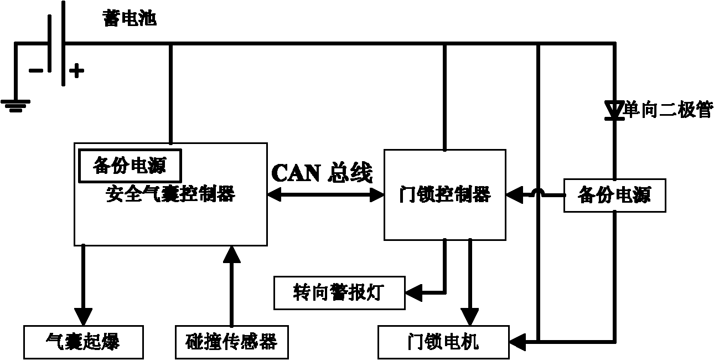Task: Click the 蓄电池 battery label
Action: (x=130, y=19)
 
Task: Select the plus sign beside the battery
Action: (x=76, y=70)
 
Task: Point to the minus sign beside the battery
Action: (x=35, y=70)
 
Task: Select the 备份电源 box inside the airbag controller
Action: (x=130, y=166)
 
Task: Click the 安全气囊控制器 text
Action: (x=170, y=194)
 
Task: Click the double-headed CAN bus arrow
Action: (x=325, y=194)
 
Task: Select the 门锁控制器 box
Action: (x=444, y=194)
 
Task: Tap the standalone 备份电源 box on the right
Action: (x=614, y=195)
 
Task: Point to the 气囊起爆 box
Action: (x=83, y=342)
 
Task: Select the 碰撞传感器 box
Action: (x=231, y=342)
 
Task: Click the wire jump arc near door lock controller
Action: (x=537, y=192)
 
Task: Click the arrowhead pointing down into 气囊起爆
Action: (x=83, y=317)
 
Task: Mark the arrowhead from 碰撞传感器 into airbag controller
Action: (x=231, y=253)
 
